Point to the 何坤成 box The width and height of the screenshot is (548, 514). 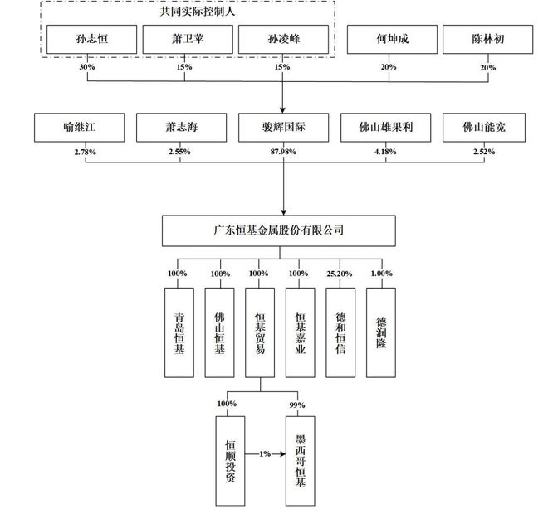389,39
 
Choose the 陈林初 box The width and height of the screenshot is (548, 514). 486,39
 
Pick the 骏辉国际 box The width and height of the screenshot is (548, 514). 282,128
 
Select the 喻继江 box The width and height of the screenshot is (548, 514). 80,128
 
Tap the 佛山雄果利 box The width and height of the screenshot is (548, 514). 384,128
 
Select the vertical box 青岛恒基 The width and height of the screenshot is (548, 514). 179,321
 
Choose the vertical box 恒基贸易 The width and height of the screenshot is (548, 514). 261,321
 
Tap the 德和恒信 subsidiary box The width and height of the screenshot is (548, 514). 341,321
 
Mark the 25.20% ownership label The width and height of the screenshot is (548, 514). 340,273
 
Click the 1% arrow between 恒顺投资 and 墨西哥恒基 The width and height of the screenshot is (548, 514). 265,454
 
